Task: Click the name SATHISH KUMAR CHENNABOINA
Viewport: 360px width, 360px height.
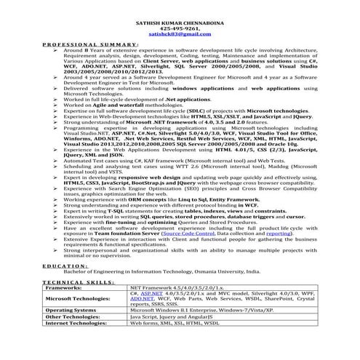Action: [x=179, y=24]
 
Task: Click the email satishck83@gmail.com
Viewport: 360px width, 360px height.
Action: [x=179, y=36]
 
